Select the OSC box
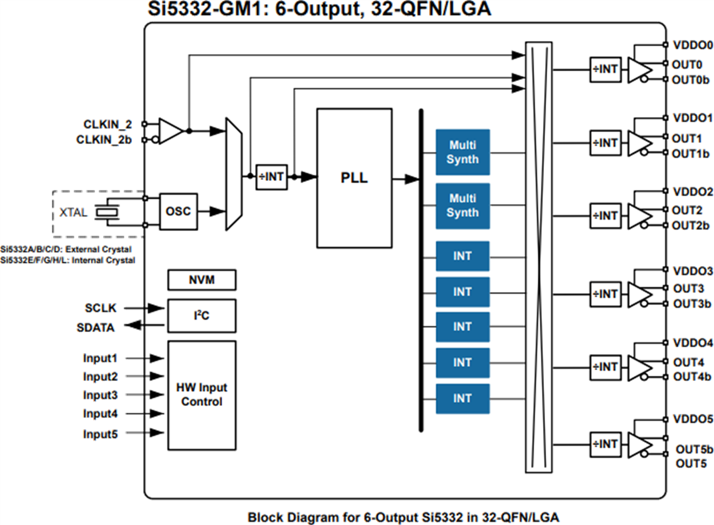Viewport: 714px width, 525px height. click(x=178, y=211)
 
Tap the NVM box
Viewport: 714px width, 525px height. click(x=202, y=280)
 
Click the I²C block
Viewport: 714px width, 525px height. click(x=202, y=315)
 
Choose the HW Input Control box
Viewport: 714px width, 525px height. click(x=202, y=395)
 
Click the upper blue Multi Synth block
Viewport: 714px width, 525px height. click(x=462, y=152)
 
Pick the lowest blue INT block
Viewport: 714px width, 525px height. click(x=462, y=399)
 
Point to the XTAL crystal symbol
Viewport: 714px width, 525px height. click(x=108, y=211)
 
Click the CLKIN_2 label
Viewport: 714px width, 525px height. click(x=108, y=124)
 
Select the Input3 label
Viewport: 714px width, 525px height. click(x=100, y=395)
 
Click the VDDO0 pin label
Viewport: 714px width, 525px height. click(x=692, y=45)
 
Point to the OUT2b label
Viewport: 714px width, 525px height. click(x=691, y=226)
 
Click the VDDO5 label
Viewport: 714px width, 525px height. click(x=692, y=420)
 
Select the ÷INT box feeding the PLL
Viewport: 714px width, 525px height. click(x=271, y=177)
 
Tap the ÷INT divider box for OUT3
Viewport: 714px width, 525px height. click(x=605, y=294)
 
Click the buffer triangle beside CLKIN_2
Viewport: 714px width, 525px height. click(x=170, y=131)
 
